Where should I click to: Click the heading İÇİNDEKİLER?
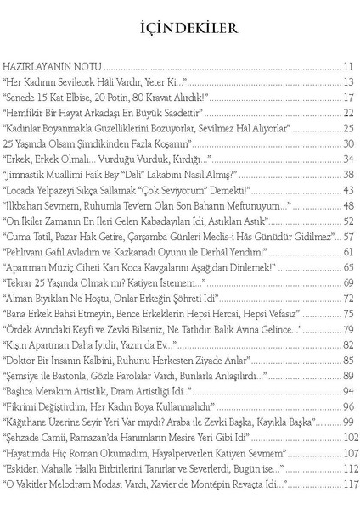(x=179, y=31)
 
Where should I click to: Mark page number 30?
(x=348, y=143)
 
